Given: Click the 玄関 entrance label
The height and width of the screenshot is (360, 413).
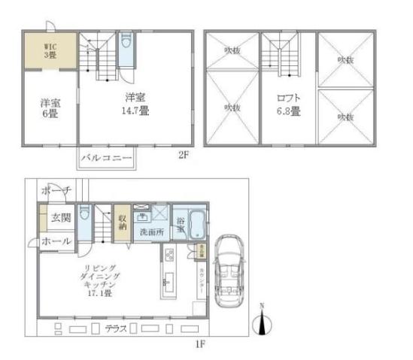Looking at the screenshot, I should click(x=61, y=219).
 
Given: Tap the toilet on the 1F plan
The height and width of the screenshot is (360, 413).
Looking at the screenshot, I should click(x=85, y=218).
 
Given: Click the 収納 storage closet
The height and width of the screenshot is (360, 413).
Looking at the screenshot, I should click(x=122, y=222).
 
